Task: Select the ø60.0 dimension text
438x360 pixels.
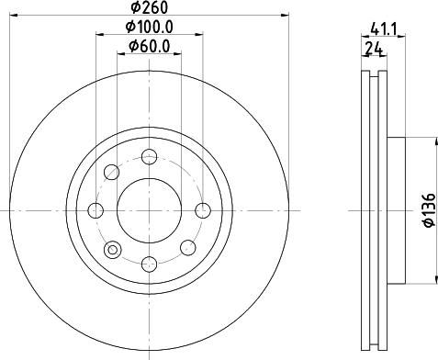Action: [x=148, y=46]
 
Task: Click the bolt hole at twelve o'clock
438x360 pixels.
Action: [x=148, y=156]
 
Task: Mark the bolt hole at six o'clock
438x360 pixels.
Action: [x=148, y=264]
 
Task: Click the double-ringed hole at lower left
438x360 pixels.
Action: [x=113, y=249]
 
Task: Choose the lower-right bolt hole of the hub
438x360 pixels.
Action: [x=188, y=246]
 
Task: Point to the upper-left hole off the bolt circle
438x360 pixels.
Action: [x=111, y=171]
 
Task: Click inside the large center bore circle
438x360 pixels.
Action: [x=148, y=210]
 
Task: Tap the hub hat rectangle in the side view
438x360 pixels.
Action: [x=396, y=209]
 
